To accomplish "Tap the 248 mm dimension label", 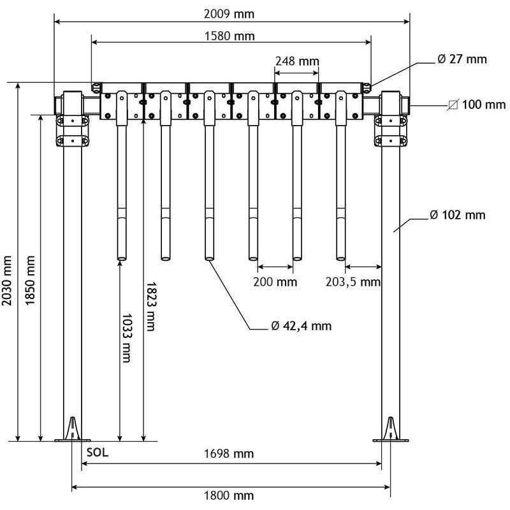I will tap(296, 61).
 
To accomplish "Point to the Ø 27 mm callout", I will tap(462, 59).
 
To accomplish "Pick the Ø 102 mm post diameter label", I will tap(457, 215).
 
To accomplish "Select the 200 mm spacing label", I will tap(275, 281).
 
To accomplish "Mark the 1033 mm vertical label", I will tap(126, 338).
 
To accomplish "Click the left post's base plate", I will tap(73, 439).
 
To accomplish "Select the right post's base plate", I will tap(391, 439).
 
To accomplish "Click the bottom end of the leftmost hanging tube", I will tap(121, 258).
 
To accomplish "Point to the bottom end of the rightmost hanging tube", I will tap(340, 258).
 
